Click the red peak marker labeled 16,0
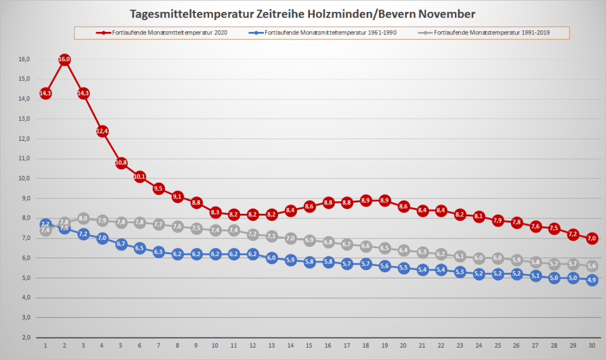pos(65,59)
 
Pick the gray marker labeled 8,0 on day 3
pos(83,218)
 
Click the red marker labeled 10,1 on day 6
pos(140,176)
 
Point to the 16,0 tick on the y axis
pos(24,59)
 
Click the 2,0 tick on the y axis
pos(25,337)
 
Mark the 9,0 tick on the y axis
pos(25,198)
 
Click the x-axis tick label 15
pos(309,345)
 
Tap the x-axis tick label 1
pos(46,345)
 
